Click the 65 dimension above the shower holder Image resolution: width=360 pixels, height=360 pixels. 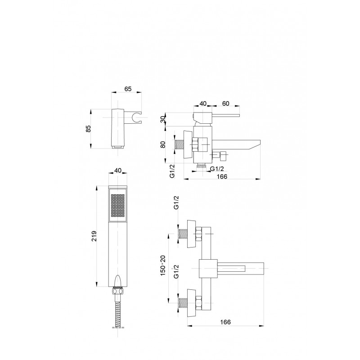coord(128,89)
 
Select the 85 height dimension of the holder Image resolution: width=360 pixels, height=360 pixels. coord(88,129)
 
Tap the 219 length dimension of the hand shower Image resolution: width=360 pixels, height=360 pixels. coord(94,236)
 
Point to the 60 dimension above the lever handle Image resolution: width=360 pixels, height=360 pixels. coord(226,103)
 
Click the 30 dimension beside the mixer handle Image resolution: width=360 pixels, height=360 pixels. coord(163,119)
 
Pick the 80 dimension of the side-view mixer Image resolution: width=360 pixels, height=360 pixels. coord(163,144)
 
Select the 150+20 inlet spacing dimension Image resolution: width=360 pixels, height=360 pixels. coord(163,265)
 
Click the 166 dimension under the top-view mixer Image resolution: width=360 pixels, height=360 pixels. coord(225,322)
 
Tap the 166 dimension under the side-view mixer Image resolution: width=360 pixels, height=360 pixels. coord(221,176)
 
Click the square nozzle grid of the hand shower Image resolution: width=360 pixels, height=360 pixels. coord(118,206)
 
